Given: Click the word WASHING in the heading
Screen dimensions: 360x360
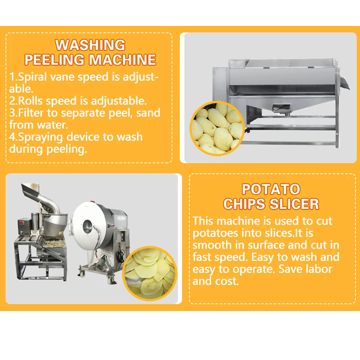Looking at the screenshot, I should tap(90, 45).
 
